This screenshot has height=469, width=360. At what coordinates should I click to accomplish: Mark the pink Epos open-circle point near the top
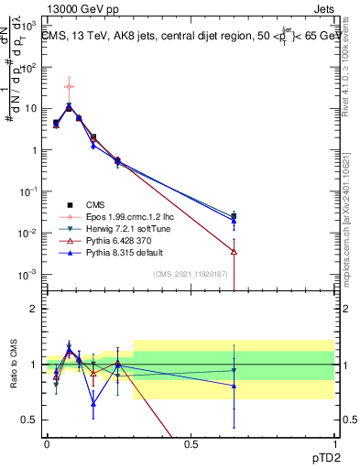point(70,87)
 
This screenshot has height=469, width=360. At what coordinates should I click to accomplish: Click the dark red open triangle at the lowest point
point(235,251)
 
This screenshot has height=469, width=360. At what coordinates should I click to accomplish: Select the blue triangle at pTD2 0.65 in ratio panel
point(235,386)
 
